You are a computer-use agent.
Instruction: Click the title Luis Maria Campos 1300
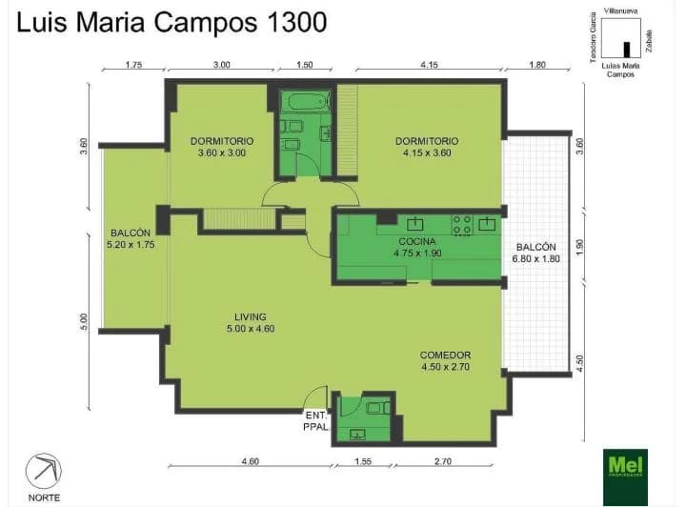[x=171, y=22]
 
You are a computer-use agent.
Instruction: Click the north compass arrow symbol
[x=44, y=470]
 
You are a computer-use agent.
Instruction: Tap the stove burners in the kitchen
[x=462, y=224]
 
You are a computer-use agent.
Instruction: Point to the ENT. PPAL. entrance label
[x=316, y=420]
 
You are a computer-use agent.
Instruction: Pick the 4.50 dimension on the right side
[x=581, y=365]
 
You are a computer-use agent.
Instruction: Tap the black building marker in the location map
[x=626, y=50]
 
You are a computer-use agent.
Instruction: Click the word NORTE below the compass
[x=43, y=497]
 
